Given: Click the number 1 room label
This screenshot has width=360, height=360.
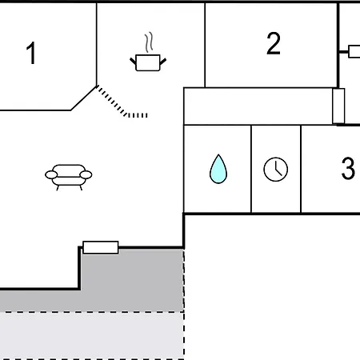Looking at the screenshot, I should [31, 54].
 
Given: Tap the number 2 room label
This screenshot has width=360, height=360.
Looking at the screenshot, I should [274, 45].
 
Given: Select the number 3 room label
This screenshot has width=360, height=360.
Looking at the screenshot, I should [347, 169].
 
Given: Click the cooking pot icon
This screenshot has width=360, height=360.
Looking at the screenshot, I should [146, 62].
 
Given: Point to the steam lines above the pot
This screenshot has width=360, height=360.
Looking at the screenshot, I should [148, 41].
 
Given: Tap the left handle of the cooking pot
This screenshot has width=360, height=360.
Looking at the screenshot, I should [133, 58].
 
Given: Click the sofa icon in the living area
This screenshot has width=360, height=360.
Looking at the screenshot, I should [68, 175].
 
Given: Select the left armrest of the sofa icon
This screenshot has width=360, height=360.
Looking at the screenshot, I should [51, 174].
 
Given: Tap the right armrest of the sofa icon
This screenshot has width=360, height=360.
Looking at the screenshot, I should [85, 174].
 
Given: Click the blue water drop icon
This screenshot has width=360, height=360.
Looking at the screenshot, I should [218, 169].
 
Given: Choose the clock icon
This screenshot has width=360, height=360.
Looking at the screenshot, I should [275, 169].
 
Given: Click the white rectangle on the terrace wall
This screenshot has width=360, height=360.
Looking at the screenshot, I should [101, 247].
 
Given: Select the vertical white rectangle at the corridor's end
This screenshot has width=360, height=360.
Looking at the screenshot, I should [338, 106].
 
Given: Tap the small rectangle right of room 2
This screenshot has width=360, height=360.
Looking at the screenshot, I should [354, 51].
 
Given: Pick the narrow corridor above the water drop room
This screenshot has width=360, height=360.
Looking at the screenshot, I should [256, 106].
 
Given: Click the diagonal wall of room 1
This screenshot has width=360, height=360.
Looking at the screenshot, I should [83, 98].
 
